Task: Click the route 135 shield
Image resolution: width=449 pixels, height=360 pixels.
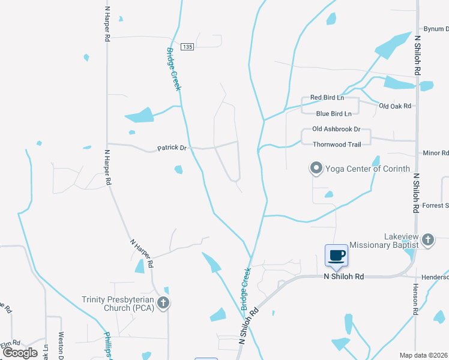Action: click(188, 47)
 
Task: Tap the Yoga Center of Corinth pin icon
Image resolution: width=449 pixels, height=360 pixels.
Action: click(316, 169)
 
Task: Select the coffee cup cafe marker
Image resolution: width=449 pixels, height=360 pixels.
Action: click(337, 256)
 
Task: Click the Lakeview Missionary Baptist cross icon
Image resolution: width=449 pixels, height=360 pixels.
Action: click(427, 240)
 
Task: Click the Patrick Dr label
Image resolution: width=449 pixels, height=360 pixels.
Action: click(172, 148)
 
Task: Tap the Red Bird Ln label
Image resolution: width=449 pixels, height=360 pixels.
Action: click(327, 97)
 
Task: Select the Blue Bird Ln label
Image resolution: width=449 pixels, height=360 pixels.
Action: click(333, 113)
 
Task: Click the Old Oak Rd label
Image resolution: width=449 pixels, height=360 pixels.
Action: click(395, 106)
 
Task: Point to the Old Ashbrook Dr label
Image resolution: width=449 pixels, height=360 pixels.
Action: click(336, 129)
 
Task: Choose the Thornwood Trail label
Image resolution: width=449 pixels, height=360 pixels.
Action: click(337, 144)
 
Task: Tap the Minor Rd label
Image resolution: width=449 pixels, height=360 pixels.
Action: click(436, 153)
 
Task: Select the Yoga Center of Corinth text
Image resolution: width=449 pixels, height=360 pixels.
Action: click(367, 169)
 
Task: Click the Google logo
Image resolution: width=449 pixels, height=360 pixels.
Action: click(20, 352)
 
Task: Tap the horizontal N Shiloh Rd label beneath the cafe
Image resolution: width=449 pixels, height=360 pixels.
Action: click(344, 277)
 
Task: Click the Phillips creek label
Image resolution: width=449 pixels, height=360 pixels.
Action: click(107, 344)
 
